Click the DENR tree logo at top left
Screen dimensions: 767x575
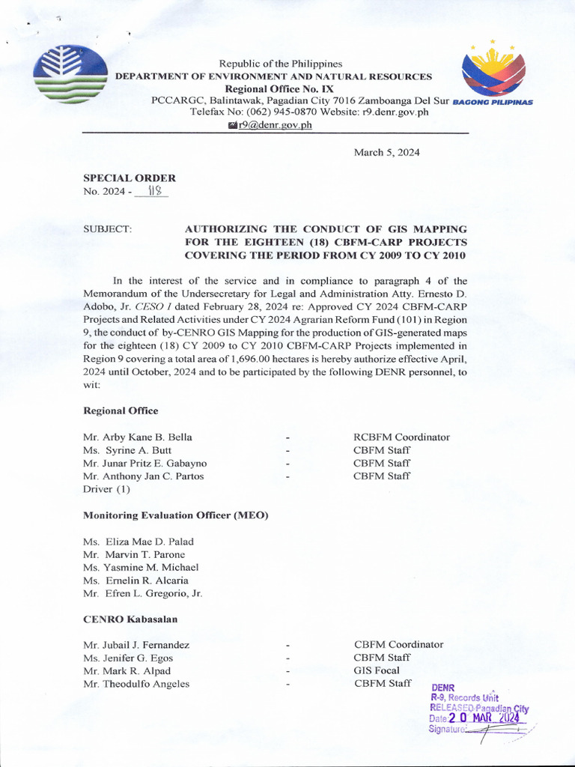70,73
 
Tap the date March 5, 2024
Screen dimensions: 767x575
386,152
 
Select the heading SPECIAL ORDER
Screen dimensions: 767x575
130,178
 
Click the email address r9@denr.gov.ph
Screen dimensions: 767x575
274,125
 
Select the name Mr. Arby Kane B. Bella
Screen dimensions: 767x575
137,437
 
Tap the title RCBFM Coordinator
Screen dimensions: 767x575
401,437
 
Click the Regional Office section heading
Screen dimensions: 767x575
121,410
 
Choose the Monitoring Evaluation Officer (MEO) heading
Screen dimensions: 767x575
175,515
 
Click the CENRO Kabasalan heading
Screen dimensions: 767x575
130,619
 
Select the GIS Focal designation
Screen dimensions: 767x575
377,670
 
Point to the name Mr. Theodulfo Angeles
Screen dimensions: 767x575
136,683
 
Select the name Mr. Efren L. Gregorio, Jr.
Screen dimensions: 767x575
142,593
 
